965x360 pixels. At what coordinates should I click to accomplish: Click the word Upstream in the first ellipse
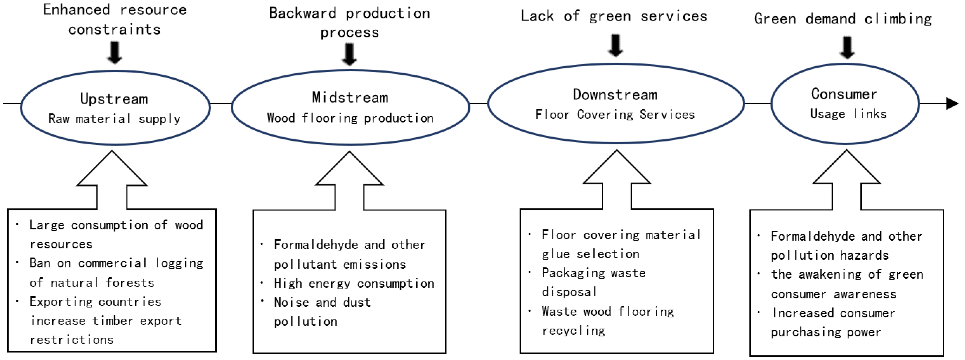[x=114, y=99]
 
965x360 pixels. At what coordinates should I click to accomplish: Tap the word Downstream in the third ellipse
[x=615, y=95]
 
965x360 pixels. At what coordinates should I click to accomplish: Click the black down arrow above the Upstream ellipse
[x=115, y=52]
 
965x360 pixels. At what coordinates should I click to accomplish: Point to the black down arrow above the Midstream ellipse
[x=349, y=54]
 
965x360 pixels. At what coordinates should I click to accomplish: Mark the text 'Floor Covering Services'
[x=615, y=115]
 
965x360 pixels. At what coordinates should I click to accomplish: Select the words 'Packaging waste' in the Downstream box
[x=594, y=273]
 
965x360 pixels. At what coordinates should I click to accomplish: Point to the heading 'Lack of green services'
[x=614, y=16]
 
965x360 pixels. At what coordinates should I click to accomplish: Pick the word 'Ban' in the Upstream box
[x=40, y=263]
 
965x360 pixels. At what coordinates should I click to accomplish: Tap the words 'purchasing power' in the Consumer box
[x=826, y=332]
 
